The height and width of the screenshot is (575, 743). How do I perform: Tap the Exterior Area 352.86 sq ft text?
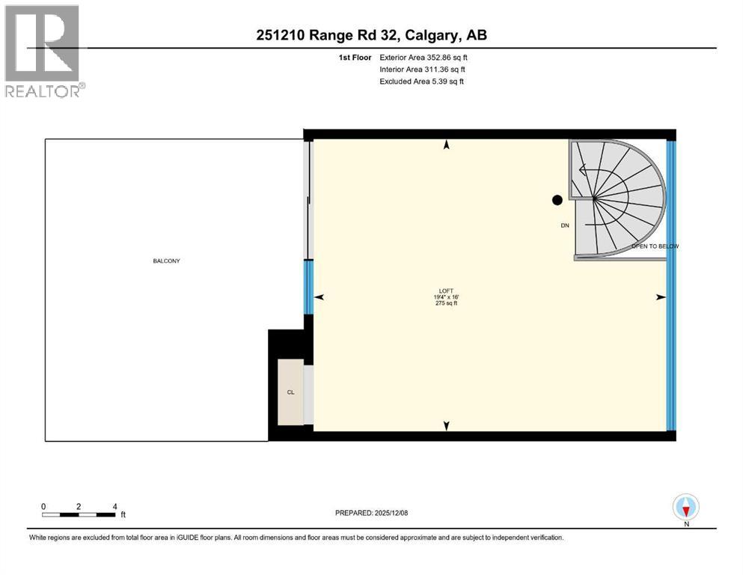tap(424, 57)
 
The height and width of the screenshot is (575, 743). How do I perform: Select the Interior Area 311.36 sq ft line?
tap(422, 69)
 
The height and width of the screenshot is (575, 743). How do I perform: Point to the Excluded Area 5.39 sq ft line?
tap(421, 81)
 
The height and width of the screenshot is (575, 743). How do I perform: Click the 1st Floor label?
tap(355, 57)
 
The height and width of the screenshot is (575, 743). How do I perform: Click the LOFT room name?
tap(447, 291)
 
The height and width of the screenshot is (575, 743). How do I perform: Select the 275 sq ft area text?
tap(447, 303)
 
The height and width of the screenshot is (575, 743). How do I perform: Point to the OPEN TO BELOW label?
tap(655, 246)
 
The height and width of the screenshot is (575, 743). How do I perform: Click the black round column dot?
tap(557, 200)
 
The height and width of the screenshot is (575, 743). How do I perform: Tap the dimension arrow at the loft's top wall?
tap(447, 145)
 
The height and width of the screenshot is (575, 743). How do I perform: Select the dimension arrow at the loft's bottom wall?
tap(447, 426)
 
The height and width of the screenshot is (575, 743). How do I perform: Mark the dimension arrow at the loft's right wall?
tap(660, 297)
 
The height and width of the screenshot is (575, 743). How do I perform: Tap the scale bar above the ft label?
tap(79, 515)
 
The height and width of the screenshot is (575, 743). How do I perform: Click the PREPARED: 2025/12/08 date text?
tap(372, 513)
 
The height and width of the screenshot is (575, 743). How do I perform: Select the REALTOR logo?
tap(43, 51)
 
